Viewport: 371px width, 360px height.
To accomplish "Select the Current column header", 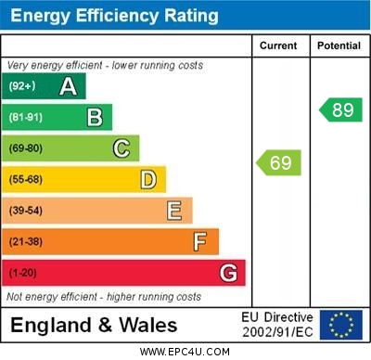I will coord(278,45).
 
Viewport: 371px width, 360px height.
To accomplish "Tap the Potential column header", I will coord(339,45).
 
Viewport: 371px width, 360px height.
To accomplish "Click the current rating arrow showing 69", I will coord(278,163).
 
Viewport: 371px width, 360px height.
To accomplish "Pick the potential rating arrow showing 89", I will coord(340,109).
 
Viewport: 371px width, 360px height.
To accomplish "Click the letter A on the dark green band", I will coord(68,86).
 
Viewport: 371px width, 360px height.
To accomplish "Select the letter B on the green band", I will coord(95,117).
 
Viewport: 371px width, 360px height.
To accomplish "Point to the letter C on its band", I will coord(122,148).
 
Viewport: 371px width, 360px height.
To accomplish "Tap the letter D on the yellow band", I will coord(148,179).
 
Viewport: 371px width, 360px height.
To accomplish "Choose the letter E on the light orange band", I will coord(174,211).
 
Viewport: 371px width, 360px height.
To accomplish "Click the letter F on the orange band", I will coord(200,242).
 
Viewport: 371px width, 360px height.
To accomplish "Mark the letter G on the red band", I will coord(228,274).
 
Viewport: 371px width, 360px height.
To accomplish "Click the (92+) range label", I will coord(22,86).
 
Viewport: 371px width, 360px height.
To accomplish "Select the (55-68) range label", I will coord(26,179).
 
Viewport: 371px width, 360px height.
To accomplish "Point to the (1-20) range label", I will coord(23,274).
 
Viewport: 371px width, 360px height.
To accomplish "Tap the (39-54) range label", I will coord(26,211).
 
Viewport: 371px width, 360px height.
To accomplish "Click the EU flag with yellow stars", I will coord(340,325).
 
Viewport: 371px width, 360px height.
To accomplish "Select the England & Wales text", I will coord(94,326).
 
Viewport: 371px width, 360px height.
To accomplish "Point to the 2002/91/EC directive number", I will coord(277,332).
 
